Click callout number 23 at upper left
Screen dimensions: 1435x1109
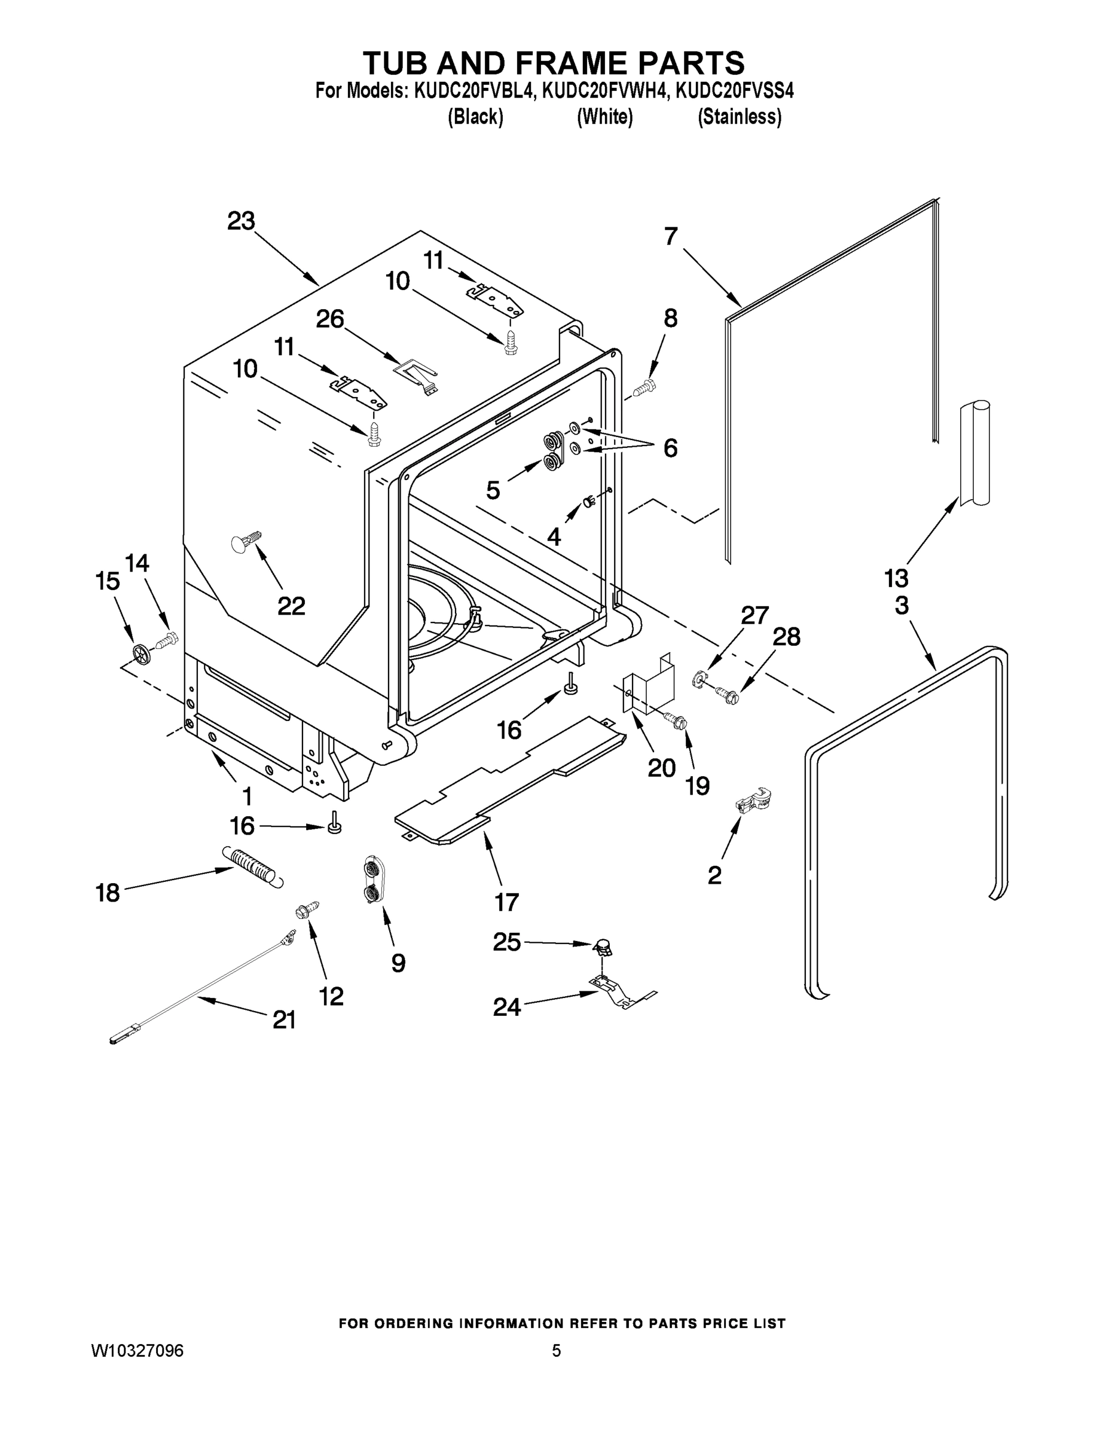pos(240,221)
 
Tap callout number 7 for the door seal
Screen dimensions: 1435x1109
pos(670,237)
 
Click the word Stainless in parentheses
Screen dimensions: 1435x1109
pos(739,117)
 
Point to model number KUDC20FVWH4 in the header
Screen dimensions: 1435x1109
pos(605,91)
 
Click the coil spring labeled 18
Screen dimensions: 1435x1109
pos(255,866)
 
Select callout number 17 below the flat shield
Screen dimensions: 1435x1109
pos(506,902)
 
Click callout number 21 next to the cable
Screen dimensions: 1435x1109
pos(284,1019)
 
